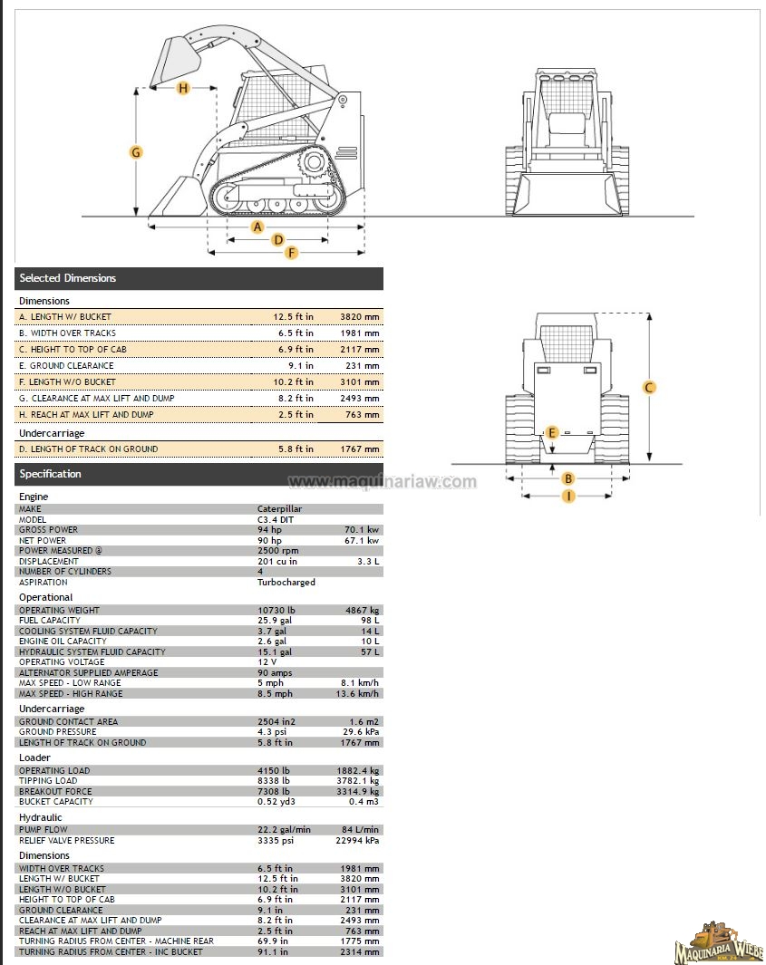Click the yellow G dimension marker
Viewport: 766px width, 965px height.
point(136,152)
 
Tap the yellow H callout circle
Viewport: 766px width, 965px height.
point(183,88)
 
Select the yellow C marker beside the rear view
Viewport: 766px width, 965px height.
point(649,388)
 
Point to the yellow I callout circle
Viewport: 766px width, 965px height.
point(568,496)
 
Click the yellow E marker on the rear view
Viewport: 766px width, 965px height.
point(551,433)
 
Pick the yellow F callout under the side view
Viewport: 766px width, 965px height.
point(291,253)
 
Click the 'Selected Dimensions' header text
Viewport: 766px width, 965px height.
point(68,278)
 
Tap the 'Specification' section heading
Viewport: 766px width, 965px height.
point(51,474)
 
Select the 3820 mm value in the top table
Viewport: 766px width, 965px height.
point(359,317)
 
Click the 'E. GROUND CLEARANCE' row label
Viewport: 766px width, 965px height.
point(66,366)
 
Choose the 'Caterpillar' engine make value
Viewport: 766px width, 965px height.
point(279,509)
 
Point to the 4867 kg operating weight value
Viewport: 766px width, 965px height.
point(363,611)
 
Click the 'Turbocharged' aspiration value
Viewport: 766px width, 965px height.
point(286,583)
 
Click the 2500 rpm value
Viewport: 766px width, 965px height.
point(278,551)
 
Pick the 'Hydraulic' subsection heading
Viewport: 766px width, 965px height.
point(41,817)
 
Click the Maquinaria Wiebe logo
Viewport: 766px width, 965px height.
point(718,943)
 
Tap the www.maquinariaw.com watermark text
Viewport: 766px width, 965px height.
point(382,482)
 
